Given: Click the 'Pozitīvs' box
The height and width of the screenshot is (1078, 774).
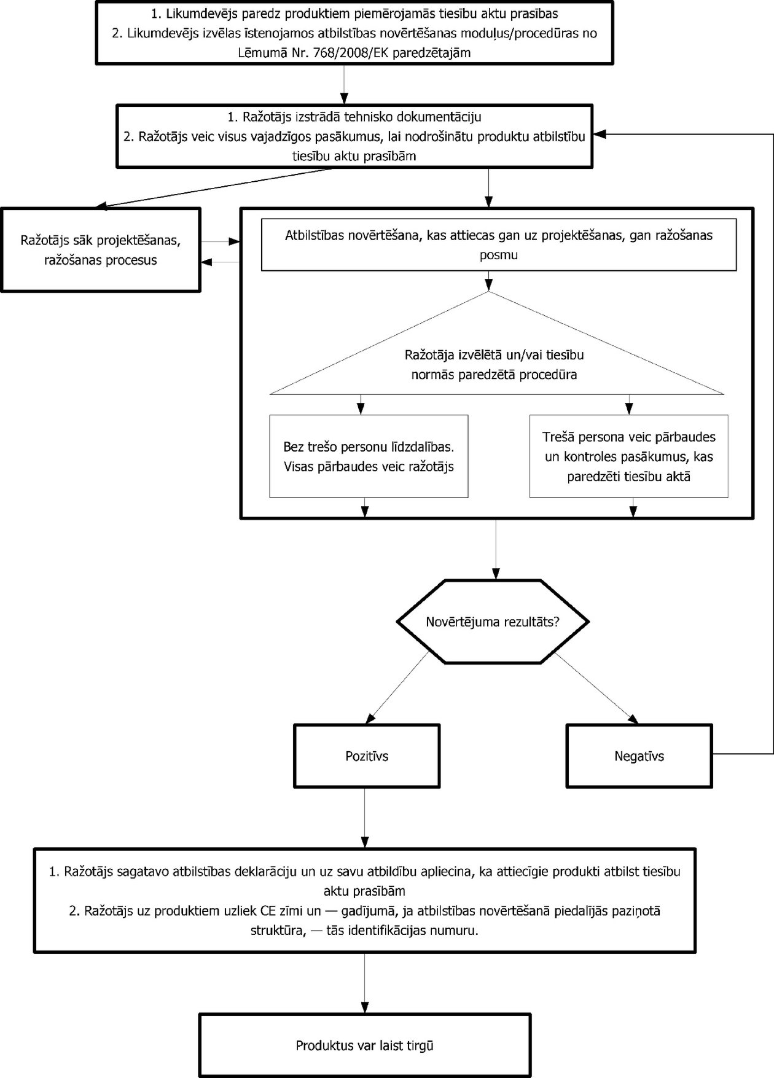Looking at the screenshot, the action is pos(367,756).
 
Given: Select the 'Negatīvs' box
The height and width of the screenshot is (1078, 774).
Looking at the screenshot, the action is pos(639,756).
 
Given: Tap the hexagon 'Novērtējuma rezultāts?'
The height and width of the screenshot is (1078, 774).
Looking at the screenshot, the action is pos(493,622).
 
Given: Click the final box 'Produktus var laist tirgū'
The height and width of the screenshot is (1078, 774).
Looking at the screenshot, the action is pos(365,1045).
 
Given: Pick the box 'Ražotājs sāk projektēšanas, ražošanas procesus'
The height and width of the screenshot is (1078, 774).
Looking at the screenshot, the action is pos(101,249).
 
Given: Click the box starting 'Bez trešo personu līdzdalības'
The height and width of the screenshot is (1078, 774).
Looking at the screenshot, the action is pos(369,456).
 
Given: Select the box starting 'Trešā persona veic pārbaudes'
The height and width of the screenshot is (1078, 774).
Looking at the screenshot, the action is pos(628,456).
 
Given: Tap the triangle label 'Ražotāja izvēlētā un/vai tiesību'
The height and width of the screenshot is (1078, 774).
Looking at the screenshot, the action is pos(494,355).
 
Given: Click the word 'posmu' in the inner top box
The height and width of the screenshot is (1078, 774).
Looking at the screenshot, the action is pos(498,255).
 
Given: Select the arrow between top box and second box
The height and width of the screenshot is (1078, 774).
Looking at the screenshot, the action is pos(344,84).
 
